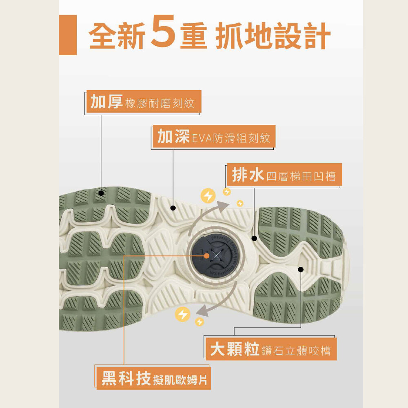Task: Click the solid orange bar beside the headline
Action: pos(68,35)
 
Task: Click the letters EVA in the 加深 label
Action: pos(201,138)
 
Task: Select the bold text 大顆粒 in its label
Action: pos(235,349)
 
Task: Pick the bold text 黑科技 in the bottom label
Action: pos(124,378)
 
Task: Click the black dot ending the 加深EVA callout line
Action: pos(173,208)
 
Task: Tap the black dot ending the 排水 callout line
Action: pos(254,238)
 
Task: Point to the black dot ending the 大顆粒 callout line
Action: pos(301,269)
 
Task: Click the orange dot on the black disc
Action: pos(206,255)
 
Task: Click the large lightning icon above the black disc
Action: pos(208,196)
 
